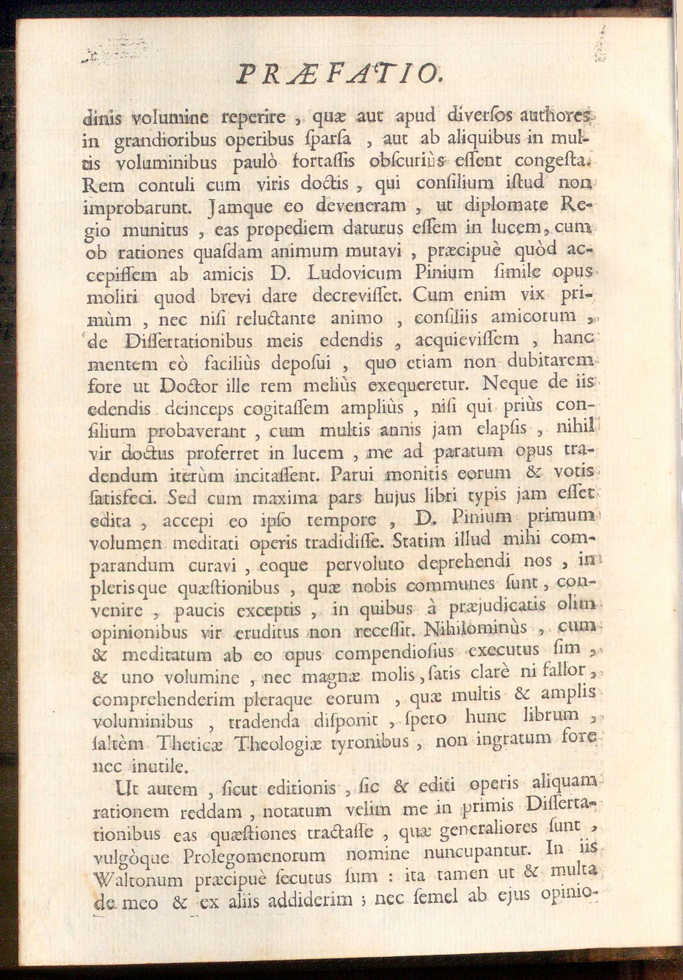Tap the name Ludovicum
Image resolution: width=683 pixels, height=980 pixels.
click(354, 274)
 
